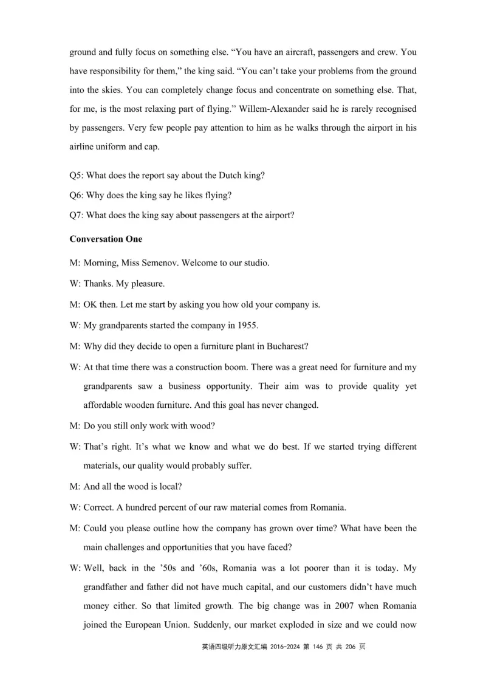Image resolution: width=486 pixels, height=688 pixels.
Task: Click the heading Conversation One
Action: click(x=106, y=239)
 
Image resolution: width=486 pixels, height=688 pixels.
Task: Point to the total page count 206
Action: click(x=353, y=647)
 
